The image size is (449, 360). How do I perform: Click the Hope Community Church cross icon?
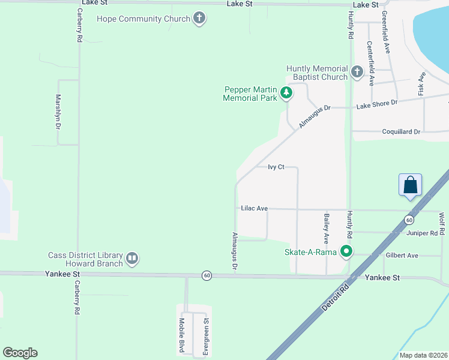point(199,19)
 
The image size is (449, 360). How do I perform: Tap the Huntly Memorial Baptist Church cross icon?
point(357,73)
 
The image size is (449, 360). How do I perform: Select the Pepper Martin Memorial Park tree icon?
point(287,93)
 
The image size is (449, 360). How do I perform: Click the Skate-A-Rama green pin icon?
point(346,251)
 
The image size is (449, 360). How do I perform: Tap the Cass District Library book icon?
point(132,259)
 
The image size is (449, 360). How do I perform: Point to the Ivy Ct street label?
point(276,167)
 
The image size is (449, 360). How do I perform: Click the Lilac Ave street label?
point(254,208)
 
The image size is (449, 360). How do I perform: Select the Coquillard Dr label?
point(401,131)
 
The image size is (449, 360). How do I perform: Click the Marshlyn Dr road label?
point(59,112)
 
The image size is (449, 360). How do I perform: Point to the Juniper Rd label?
point(422,233)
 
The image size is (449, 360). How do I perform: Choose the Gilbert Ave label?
point(402,256)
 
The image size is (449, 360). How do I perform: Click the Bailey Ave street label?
point(327,229)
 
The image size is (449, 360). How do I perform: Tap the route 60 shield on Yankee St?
point(206,275)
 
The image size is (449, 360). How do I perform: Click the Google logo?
point(20,353)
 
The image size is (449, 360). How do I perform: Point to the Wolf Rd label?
point(442,223)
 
